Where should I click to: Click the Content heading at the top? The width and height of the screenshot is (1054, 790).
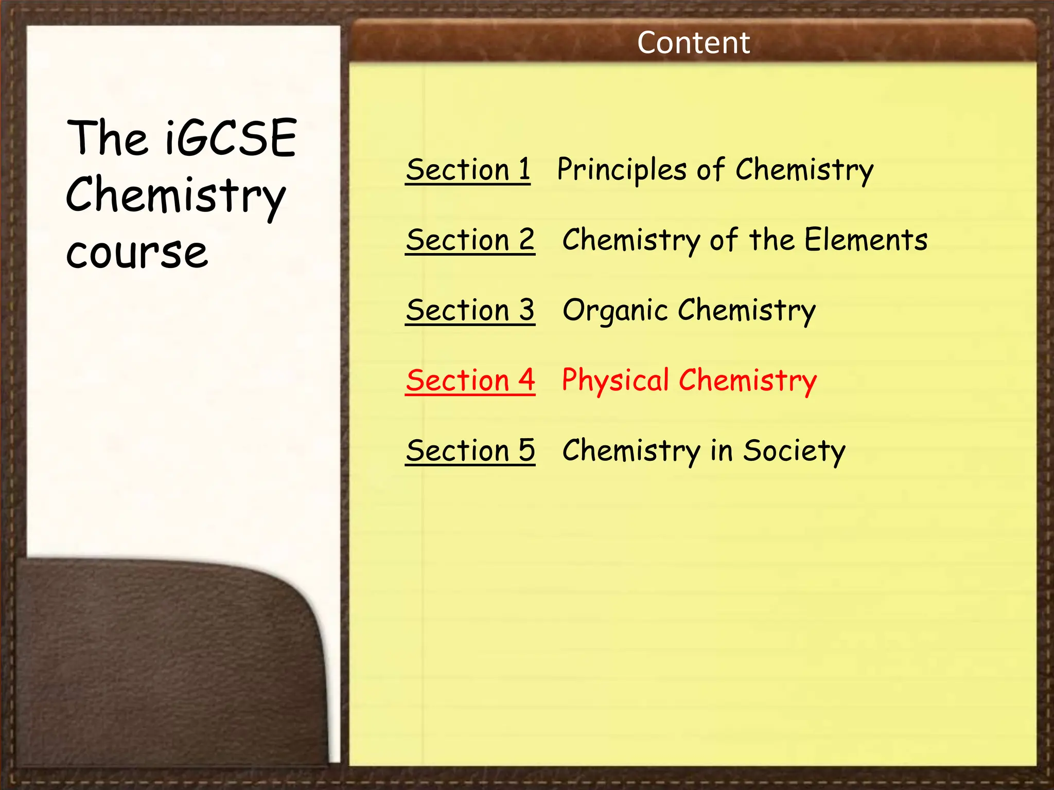[x=693, y=43]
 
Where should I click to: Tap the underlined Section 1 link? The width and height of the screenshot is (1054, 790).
[x=468, y=170]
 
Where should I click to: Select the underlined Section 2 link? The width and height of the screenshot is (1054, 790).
[x=470, y=240]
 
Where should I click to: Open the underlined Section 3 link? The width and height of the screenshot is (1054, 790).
[x=470, y=310]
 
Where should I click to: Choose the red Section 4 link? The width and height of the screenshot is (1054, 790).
[x=470, y=381]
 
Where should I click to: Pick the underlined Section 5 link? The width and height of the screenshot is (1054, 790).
[x=470, y=451]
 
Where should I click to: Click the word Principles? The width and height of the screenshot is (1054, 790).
[x=622, y=170]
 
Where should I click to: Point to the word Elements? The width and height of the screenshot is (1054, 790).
[x=866, y=240]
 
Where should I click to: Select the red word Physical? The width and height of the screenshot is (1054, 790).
[x=615, y=381]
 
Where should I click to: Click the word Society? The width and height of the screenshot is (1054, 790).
[x=794, y=451]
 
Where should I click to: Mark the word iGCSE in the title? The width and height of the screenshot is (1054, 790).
[x=231, y=138]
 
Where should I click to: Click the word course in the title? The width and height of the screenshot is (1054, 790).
[x=137, y=253]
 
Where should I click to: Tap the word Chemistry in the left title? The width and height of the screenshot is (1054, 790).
[x=175, y=195]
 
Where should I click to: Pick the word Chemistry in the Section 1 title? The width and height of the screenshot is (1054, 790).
[x=804, y=170]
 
